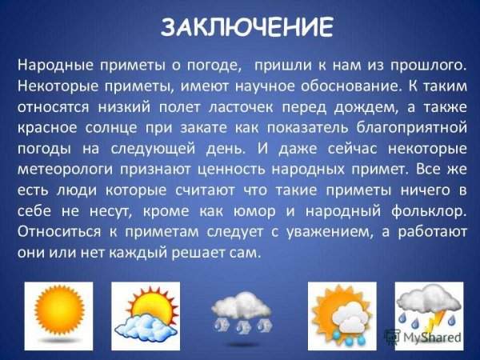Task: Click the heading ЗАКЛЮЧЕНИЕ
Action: tap(246, 27)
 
